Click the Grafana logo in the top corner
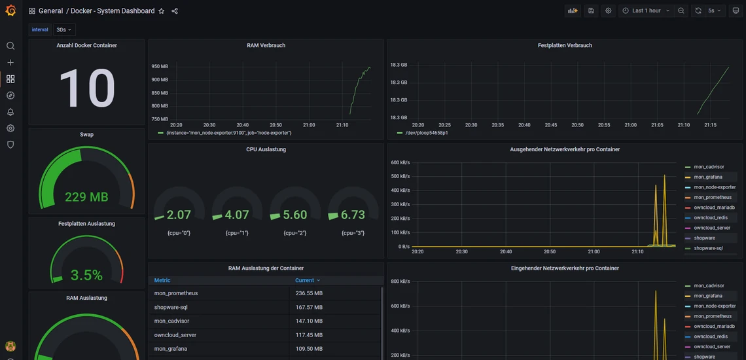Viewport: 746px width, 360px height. pyautogui.click(x=10, y=10)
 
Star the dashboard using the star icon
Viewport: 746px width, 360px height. pyautogui.click(x=162, y=11)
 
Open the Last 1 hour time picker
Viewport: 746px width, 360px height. pyautogui.click(x=646, y=11)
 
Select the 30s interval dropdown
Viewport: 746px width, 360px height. pyautogui.click(x=64, y=29)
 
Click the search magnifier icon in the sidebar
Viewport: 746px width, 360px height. pyautogui.click(x=10, y=46)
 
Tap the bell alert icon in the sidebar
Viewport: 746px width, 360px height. pyautogui.click(x=10, y=112)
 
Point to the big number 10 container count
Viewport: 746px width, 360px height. pyautogui.click(x=86, y=88)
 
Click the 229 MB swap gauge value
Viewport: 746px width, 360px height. pyautogui.click(x=86, y=197)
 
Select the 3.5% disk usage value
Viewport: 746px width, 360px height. pyautogui.click(x=86, y=276)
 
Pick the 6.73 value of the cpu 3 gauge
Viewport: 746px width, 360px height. pyautogui.click(x=353, y=215)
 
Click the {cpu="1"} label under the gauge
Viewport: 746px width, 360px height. pyautogui.click(x=237, y=233)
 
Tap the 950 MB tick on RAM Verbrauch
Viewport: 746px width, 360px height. pyautogui.click(x=160, y=67)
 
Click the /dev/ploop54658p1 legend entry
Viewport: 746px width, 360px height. pyautogui.click(x=427, y=133)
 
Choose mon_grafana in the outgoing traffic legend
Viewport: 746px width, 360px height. pyautogui.click(x=708, y=177)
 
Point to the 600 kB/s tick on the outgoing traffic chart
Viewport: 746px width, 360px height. pyautogui.click(x=400, y=162)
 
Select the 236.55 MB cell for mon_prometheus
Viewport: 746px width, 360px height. pyautogui.click(x=309, y=293)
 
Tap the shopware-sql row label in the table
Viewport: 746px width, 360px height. pyautogui.click(x=171, y=307)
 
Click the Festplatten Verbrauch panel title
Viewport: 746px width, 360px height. pyautogui.click(x=565, y=46)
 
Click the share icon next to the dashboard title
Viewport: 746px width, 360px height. pyautogui.click(x=175, y=11)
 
